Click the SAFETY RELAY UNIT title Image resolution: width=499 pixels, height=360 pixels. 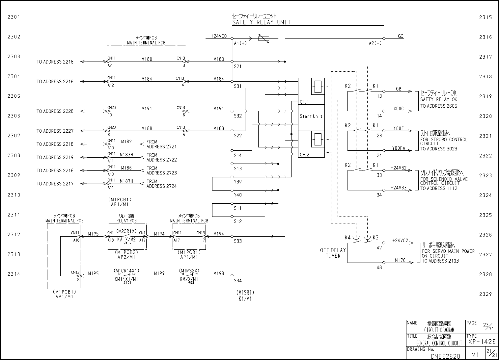(x=262, y=22)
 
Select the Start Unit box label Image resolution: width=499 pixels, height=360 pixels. (x=311, y=116)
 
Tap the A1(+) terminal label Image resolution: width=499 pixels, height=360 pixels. (x=240, y=43)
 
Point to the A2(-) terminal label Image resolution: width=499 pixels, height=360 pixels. (x=375, y=43)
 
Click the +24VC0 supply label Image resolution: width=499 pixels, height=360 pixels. (x=219, y=36)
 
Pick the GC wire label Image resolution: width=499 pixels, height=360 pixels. (x=400, y=36)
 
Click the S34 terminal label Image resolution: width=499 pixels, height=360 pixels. (x=238, y=281)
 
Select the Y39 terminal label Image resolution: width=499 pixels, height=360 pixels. (x=238, y=182)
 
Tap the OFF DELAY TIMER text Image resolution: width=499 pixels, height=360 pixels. (x=333, y=253)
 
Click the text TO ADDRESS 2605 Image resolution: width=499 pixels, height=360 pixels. (x=438, y=106)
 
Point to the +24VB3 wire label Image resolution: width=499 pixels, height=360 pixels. (x=399, y=188)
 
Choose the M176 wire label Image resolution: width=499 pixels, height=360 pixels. (x=400, y=260)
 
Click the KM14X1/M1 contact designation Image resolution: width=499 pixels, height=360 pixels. (x=126, y=279)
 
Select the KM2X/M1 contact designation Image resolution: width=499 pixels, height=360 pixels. (x=189, y=279)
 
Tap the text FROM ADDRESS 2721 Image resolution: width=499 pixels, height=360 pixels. (x=161, y=144)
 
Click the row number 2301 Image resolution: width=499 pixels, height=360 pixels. (x=14, y=17)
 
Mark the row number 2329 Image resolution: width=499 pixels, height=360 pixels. (x=485, y=294)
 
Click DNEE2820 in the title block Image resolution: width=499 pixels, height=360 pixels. (x=445, y=356)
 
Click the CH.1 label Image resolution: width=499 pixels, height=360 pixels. (x=304, y=102)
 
